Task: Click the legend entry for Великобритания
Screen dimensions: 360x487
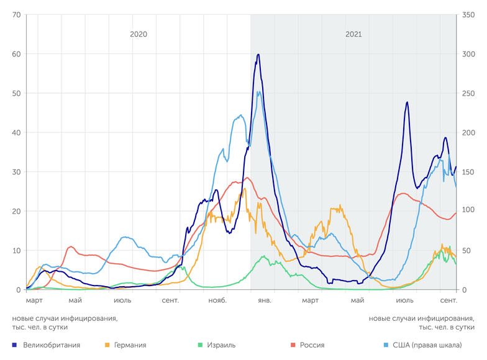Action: pos(51,344)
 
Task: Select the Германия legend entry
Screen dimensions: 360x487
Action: pos(130,344)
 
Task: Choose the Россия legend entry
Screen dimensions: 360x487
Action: pos(312,344)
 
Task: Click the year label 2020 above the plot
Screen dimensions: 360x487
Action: pos(139,35)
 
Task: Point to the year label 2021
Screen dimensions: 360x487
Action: pos(353,35)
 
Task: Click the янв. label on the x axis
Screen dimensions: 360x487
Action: pos(264,300)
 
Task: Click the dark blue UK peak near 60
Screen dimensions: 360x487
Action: pos(258,55)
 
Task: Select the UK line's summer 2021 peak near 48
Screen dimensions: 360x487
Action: pos(407,102)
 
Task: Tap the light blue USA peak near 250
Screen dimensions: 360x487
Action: pos(258,92)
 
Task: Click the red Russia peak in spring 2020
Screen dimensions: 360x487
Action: pos(71,247)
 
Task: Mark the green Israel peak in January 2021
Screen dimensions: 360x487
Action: pos(263,256)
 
